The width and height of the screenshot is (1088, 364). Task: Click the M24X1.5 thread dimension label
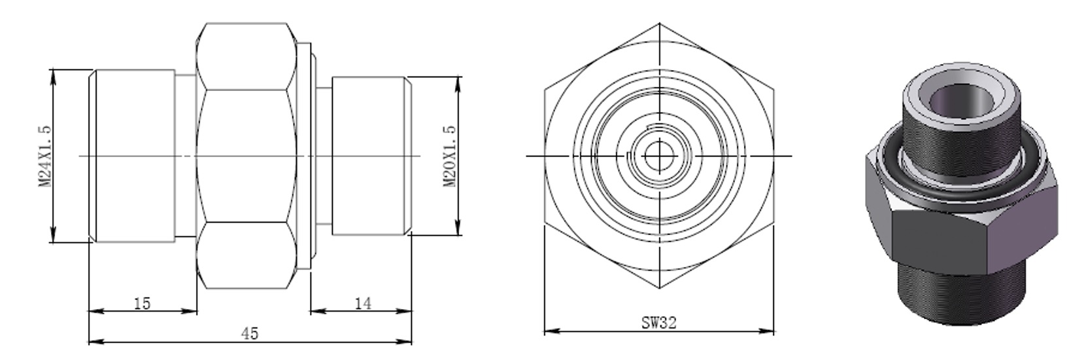coord(44,156)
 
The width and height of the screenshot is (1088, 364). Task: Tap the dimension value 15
coord(142,303)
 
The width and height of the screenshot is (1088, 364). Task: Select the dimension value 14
coord(362,303)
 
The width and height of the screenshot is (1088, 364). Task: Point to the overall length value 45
coord(250,333)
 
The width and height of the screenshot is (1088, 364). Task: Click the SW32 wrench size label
coord(658,322)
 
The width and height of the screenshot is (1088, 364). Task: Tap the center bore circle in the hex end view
coord(658,156)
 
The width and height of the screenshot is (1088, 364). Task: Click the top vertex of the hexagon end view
coord(659,24)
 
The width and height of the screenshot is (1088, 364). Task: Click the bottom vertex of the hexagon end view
coord(659,288)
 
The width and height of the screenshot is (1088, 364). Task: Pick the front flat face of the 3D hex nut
coord(938,239)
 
